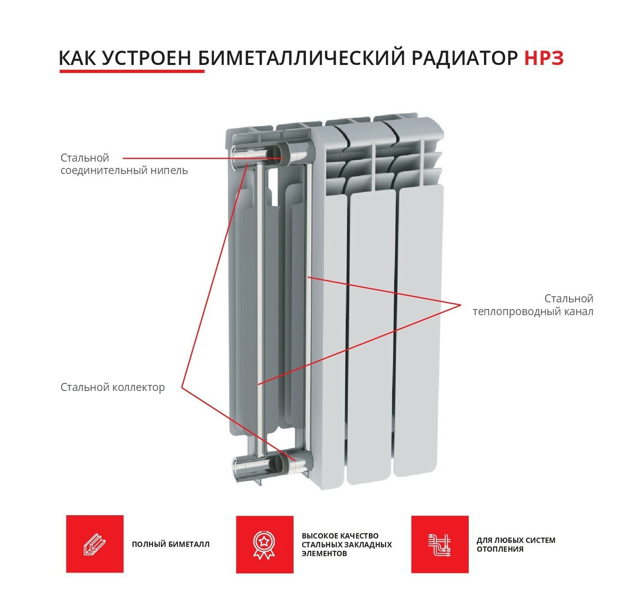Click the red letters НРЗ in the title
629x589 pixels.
[x=544, y=58]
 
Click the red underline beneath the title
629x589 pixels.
[x=132, y=71]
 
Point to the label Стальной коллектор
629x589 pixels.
[x=113, y=387]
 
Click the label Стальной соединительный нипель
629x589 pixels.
[x=124, y=164]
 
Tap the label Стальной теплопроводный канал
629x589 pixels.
[x=533, y=305]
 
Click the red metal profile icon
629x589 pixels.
[x=95, y=544]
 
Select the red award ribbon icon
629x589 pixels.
[x=264, y=544]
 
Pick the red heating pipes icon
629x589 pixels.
[x=440, y=544]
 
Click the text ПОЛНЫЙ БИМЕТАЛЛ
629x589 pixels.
[x=171, y=544]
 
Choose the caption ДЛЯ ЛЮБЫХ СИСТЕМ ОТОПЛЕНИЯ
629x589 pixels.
[x=516, y=544]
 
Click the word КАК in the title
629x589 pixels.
[x=77, y=58]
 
